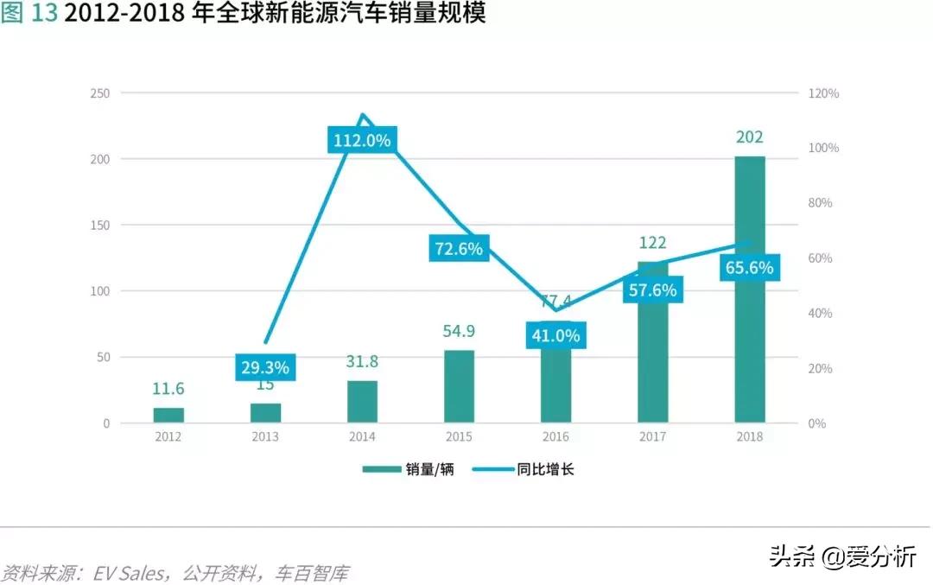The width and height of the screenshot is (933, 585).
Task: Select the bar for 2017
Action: click(653, 363)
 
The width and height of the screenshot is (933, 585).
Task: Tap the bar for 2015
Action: click(460, 386)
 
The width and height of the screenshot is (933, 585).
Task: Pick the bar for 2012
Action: click(168, 415)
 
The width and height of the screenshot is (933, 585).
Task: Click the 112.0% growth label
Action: click(362, 140)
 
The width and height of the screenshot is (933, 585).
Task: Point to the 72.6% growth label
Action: click(459, 249)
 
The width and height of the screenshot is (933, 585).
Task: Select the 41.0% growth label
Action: click(555, 335)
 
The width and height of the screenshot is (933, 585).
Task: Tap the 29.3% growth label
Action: click(265, 367)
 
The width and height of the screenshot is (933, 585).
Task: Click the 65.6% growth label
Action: click(749, 268)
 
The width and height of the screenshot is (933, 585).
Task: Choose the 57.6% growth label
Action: click(652, 290)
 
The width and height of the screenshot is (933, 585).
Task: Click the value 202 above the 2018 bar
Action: click(749, 137)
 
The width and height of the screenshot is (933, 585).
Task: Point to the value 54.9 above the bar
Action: click(459, 331)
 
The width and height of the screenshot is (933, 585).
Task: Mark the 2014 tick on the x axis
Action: click(362, 437)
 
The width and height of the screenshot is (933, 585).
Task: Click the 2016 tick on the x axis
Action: click(555, 437)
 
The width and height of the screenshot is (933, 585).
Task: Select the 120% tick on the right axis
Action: click(822, 93)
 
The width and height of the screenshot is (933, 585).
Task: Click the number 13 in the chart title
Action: click(45, 15)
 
